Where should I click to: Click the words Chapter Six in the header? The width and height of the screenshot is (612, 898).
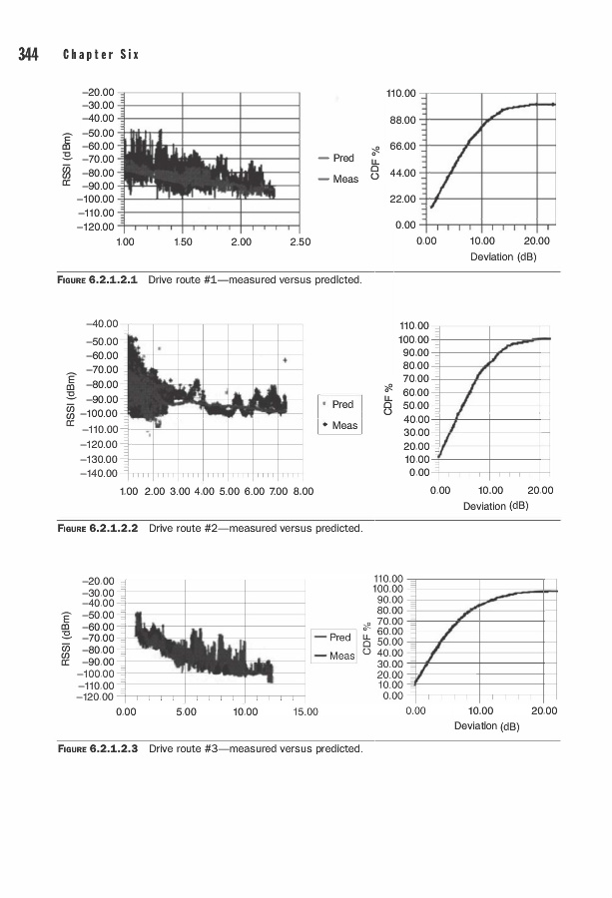pyautogui.click(x=101, y=53)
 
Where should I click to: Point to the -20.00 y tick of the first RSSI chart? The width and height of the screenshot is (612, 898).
pyautogui.click(x=99, y=93)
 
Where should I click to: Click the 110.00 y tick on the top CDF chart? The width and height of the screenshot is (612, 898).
pyautogui.click(x=400, y=94)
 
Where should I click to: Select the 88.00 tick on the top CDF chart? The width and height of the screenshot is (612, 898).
pyautogui.click(x=400, y=121)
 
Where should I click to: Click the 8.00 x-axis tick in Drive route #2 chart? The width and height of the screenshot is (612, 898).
pyautogui.click(x=303, y=492)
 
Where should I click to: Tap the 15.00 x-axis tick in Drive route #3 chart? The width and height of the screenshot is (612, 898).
pyautogui.click(x=305, y=711)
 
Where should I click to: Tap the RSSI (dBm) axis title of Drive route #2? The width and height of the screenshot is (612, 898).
pyautogui.click(x=71, y=399)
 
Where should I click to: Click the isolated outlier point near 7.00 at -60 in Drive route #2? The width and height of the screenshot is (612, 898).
pyautogui.click(x=286, y=360)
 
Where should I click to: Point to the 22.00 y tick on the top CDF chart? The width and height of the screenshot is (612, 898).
pyautogui.click(x=400, y=200)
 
